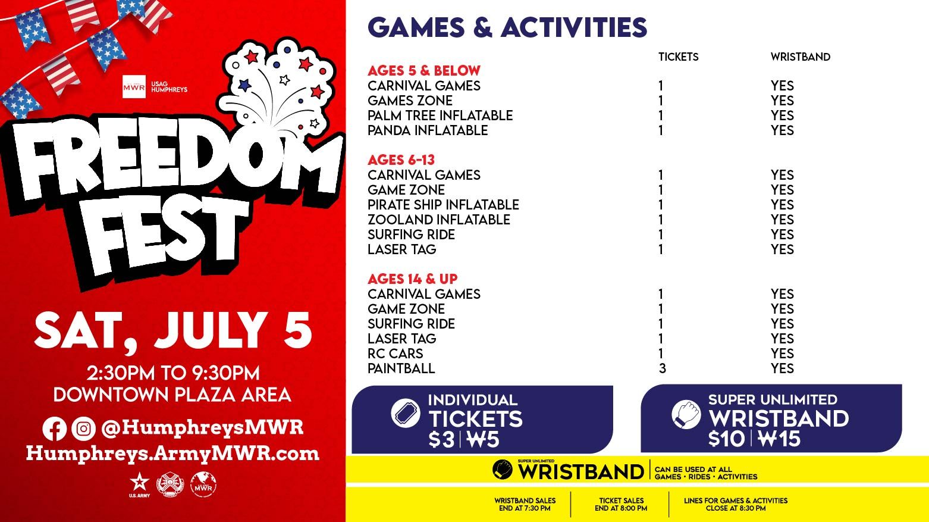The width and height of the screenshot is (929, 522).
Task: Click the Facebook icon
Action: click(54, 429)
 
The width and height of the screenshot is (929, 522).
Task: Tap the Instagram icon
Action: click(83, 429)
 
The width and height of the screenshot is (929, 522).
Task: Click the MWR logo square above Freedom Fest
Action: click(134, 87)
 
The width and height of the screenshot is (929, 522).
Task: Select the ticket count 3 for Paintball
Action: click(663, 368)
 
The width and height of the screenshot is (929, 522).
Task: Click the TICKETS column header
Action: click(679, 57)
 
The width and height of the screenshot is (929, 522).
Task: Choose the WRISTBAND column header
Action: click(801, 57)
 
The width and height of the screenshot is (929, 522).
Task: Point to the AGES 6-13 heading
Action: click(401, 160)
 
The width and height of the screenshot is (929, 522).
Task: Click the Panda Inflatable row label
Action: click(428, 130)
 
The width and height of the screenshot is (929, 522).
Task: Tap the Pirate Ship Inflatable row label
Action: click(443, 205)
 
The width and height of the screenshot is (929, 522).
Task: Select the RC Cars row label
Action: click(396, 354)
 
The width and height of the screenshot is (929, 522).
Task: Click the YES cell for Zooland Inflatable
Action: click(782, 220)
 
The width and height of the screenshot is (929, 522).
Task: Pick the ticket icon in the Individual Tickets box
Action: click(405, 413)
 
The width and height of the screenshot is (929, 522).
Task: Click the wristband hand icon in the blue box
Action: click(686, 414)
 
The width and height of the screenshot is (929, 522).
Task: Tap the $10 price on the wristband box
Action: click(726, 439)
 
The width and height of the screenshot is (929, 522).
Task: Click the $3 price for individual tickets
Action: click(442, 440)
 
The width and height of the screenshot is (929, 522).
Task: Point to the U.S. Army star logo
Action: click(139, 485)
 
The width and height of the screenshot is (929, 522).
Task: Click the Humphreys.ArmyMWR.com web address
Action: click(172, 454)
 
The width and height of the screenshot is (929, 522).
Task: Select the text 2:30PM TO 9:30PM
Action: click(173, 373)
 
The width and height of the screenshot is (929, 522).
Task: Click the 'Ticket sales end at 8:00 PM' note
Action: click(621, 504)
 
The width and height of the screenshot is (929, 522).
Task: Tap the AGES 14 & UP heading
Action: click(413, 279)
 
